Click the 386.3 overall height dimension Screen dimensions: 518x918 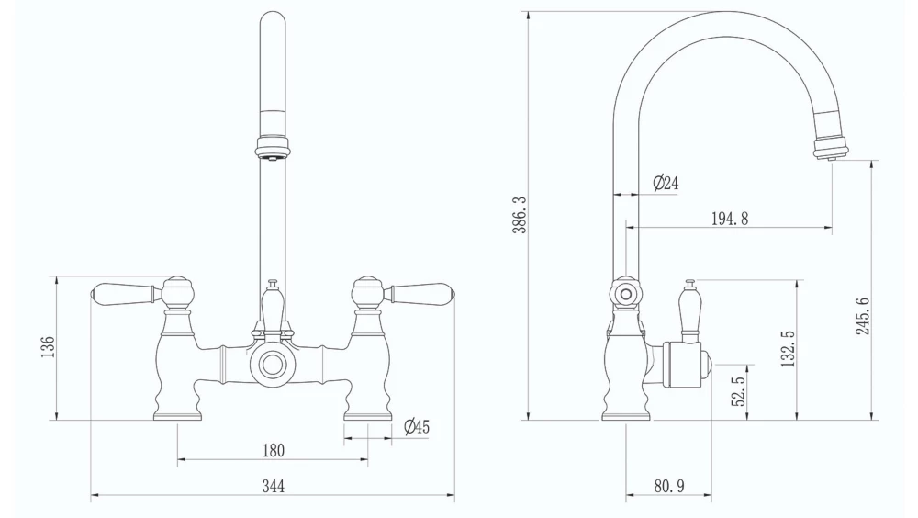tap(519, 215)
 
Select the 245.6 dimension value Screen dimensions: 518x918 tap(864, 315)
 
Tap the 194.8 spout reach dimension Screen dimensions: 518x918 tap(730, 219)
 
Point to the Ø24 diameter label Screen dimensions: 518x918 tap(666, 184)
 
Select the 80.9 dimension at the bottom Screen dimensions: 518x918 tap(669, 487)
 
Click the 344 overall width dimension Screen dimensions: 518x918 tap(273, 487)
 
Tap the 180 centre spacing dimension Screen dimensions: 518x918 tap(273, 450)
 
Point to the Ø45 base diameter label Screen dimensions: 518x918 tap(417, 427)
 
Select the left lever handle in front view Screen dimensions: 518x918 tap(127, 294)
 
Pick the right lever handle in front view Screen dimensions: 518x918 tap(419, 294)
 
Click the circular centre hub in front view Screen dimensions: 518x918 tap(273, 365)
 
